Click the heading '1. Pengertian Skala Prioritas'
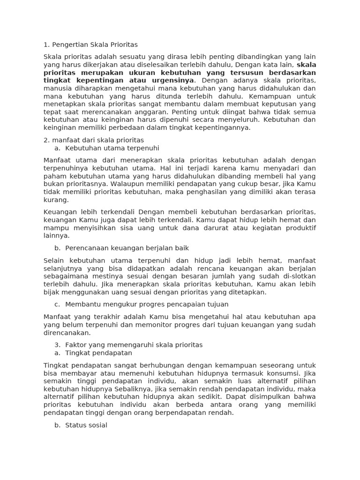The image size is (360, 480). (90, 45)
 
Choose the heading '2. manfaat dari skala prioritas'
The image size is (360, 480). (94, 140)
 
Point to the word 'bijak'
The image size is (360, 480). (52, 292)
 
